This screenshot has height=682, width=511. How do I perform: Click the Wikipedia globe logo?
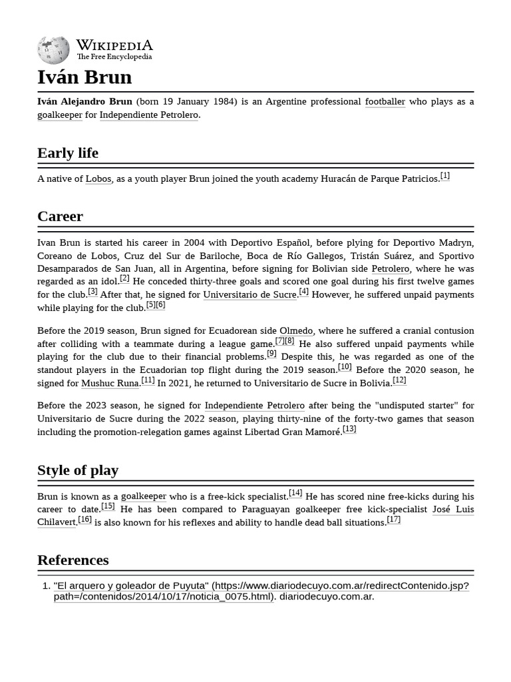(x=53, y=50)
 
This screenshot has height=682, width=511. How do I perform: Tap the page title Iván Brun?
(x=85, y=77)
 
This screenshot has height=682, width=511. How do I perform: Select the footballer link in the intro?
(x=385, y=102)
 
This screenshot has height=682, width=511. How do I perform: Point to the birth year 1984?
(x=225, y=102)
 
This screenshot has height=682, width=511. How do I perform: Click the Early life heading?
(x=68, y=153)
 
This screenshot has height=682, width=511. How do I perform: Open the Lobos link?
(x=98, y=178)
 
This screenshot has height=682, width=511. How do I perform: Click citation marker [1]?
(x=444, y=176)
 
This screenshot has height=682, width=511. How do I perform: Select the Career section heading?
(x=60, y=216)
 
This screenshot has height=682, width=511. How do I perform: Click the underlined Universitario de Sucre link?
(x=250, y=295)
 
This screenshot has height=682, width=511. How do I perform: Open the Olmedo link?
(x=296, y=331)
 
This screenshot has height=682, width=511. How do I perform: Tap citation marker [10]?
(x=345, y=367)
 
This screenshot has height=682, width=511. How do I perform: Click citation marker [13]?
(x=349, y=429)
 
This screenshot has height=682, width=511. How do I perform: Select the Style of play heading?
(x=78, y=470)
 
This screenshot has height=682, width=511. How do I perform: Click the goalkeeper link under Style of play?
(x=144, y=497)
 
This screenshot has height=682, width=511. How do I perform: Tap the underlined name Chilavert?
(x=57, y=522)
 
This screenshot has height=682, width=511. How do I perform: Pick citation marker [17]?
(x=393, y=519)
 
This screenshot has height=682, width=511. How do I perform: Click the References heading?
(x=73, y=560)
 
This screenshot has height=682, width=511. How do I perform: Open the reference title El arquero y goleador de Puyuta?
(x=131, y=586)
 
